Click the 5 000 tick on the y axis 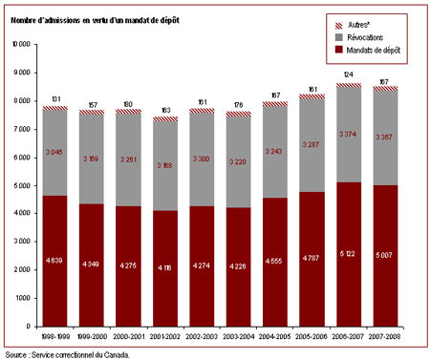tap(22, 185)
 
